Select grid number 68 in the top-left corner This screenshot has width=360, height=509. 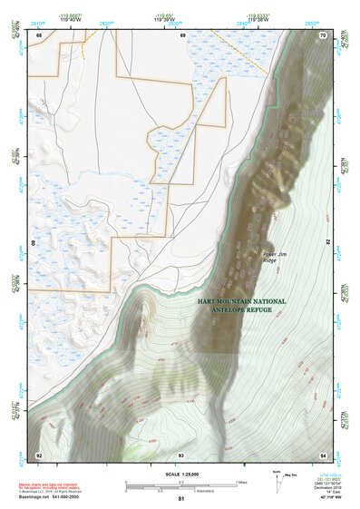click(39, 35)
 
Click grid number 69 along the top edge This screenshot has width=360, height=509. click(182, 35)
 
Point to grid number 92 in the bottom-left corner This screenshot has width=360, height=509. click(39, 454)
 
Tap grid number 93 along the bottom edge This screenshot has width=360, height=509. click(181, 454)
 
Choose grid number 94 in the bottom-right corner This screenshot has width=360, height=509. click(321, 454)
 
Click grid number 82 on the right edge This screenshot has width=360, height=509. click(326, 242)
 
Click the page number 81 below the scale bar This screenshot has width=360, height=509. click(181, 499)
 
